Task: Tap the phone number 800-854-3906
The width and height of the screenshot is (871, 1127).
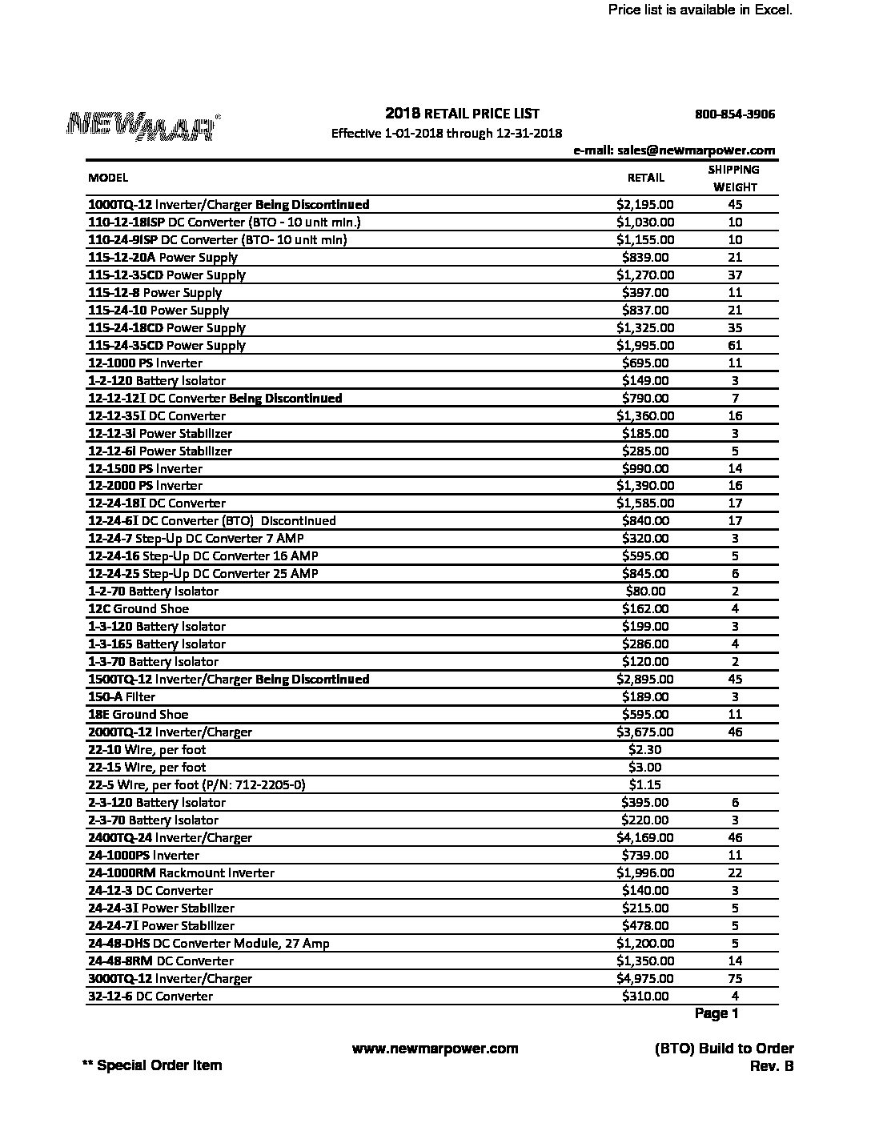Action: pos(735,114)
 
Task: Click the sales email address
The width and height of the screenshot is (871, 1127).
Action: pos(674,150)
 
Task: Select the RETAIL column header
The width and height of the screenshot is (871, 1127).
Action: pos(645,178)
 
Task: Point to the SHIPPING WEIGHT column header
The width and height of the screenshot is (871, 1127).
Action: pos(734,178)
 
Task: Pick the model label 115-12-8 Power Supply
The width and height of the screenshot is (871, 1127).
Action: pos(155,293)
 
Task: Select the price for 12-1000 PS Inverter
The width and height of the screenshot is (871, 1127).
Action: pos(645,363)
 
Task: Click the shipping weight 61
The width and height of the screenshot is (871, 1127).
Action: pos(735,346)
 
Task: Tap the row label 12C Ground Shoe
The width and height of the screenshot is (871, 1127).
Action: pos(138,609)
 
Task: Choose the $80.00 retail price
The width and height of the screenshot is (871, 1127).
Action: pos(645,592)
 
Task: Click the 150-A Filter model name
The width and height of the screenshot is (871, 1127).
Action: pos(122,697)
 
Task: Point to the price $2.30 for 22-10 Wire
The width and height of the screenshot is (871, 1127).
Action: pos(645,750)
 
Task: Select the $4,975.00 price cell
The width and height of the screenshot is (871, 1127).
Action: pos(645,979)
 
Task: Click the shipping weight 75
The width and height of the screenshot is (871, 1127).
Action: pos(735,979)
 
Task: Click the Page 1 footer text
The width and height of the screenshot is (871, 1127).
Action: pos(716,1014)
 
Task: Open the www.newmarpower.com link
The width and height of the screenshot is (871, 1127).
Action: pos(435,1049)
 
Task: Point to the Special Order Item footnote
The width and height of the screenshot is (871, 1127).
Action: pos(152,1065)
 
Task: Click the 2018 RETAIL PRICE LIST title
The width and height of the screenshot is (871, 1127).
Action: pos(462,114)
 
